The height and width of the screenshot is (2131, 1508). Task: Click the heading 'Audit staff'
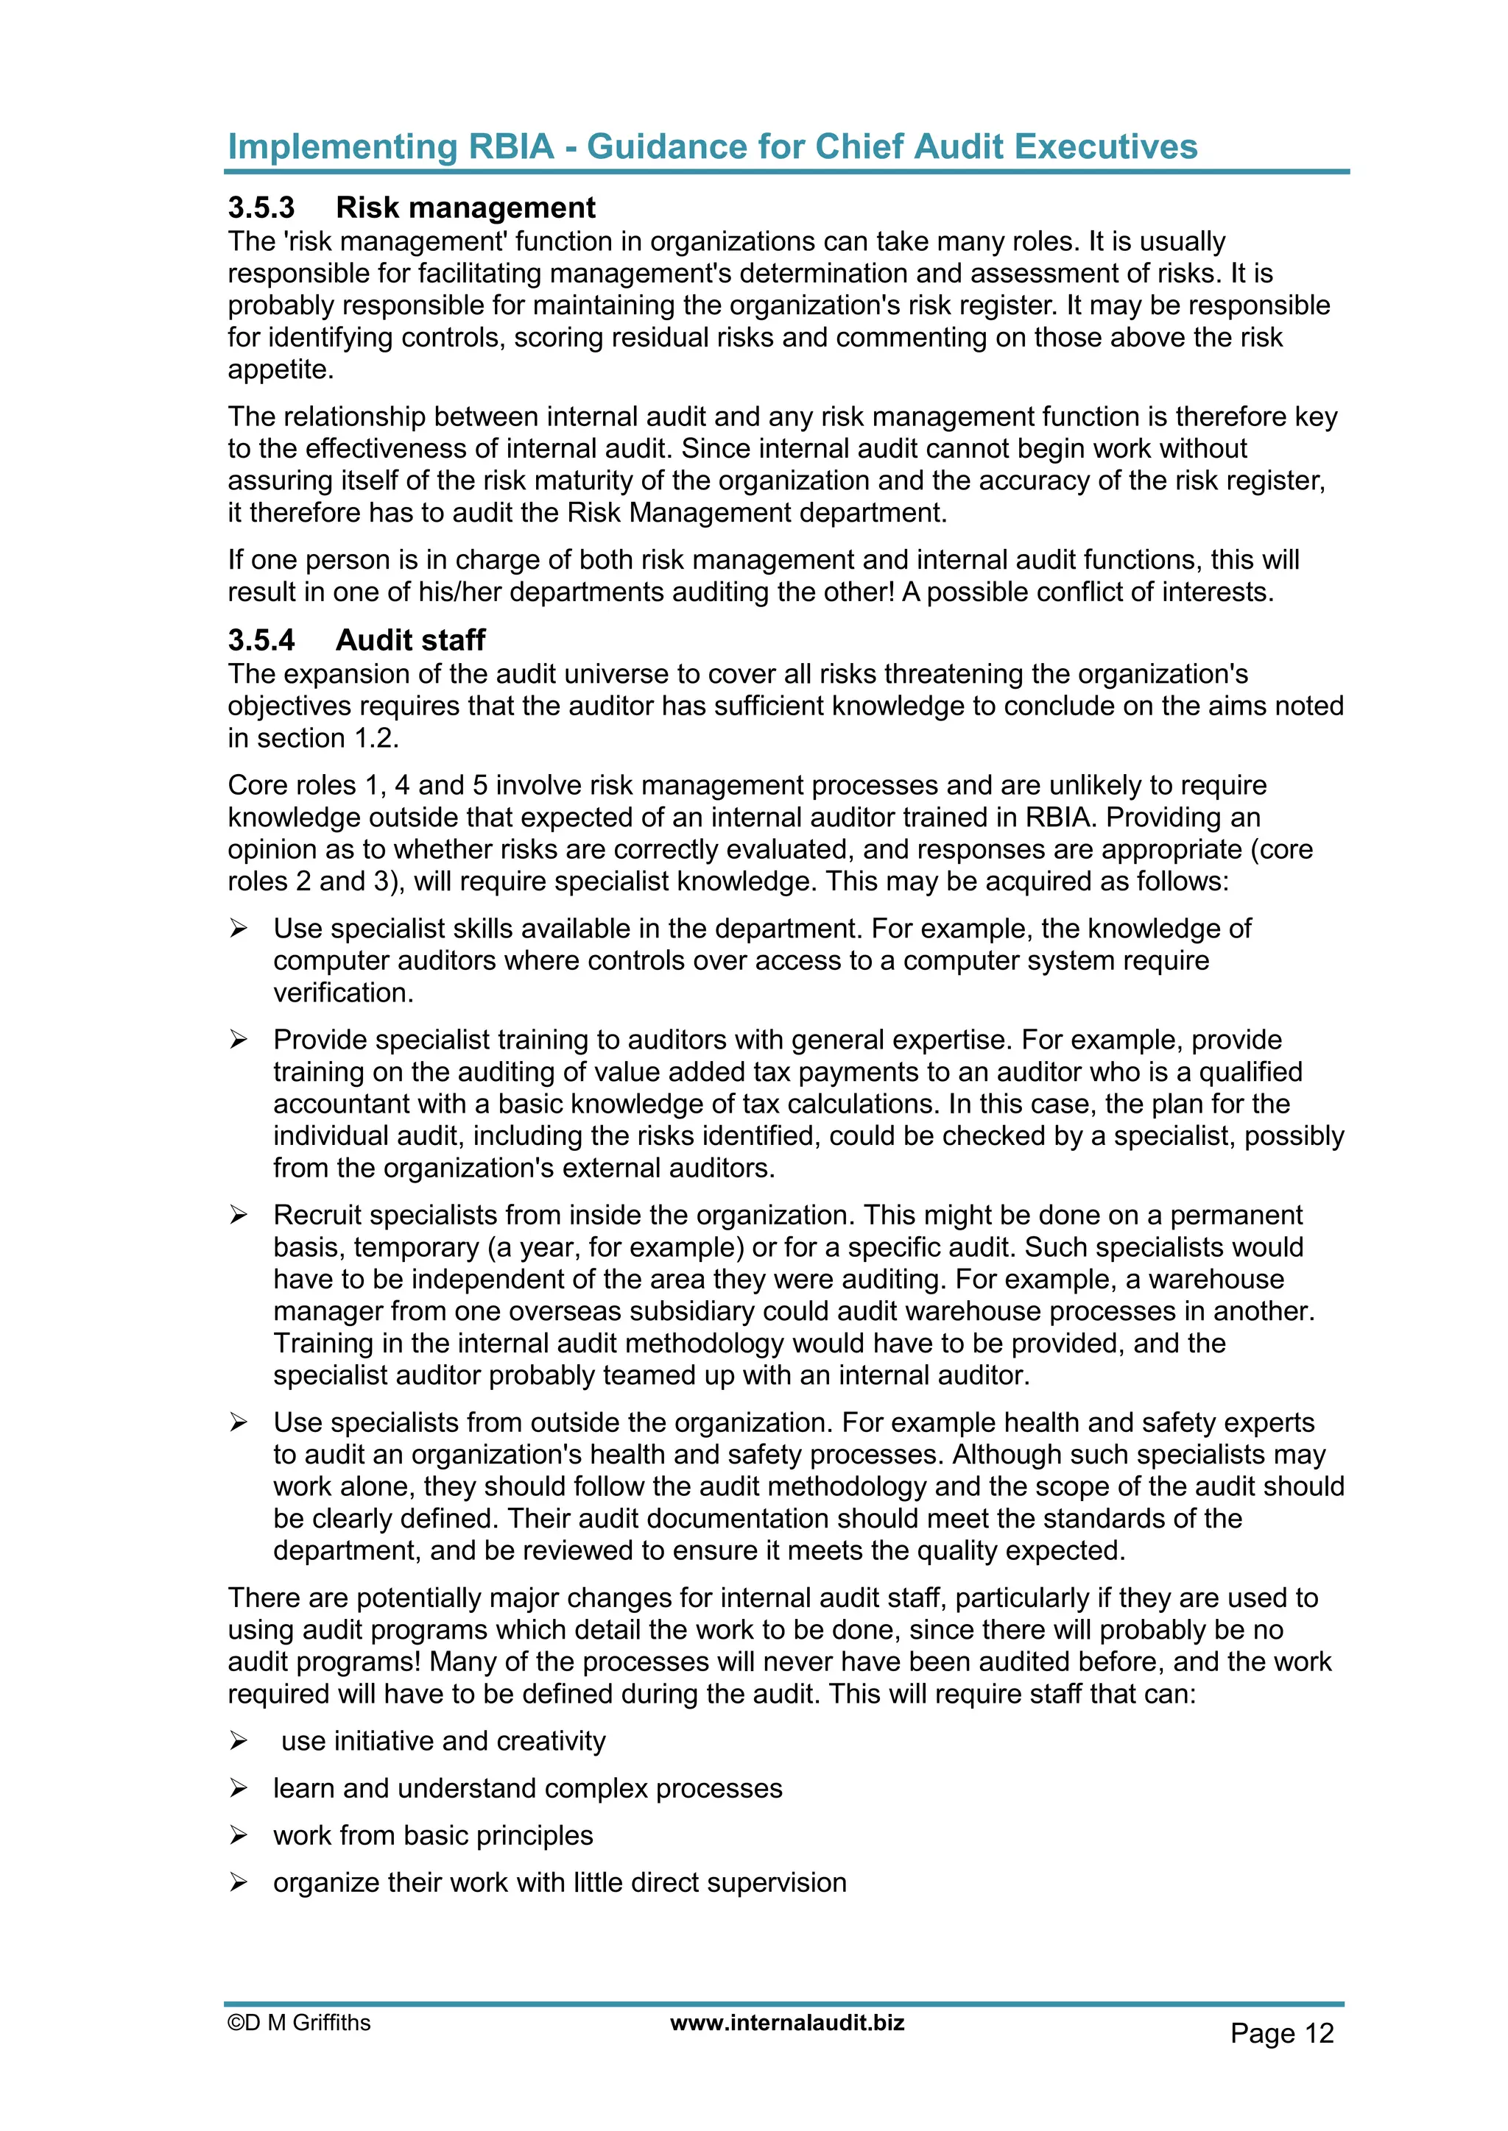[410, 639]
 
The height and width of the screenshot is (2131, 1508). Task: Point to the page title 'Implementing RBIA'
[390, 146]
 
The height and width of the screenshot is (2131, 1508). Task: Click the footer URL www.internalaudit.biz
[786, 2022]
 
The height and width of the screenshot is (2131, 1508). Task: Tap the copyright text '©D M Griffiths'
[299, 2022]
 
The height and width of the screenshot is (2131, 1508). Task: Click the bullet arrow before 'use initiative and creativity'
[239, 1741]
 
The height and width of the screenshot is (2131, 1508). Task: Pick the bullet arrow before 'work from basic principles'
[239, 1835]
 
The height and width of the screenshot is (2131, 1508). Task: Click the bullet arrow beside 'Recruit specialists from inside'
[239, 1215]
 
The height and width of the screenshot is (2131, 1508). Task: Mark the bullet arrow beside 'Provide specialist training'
[239, 1040]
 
